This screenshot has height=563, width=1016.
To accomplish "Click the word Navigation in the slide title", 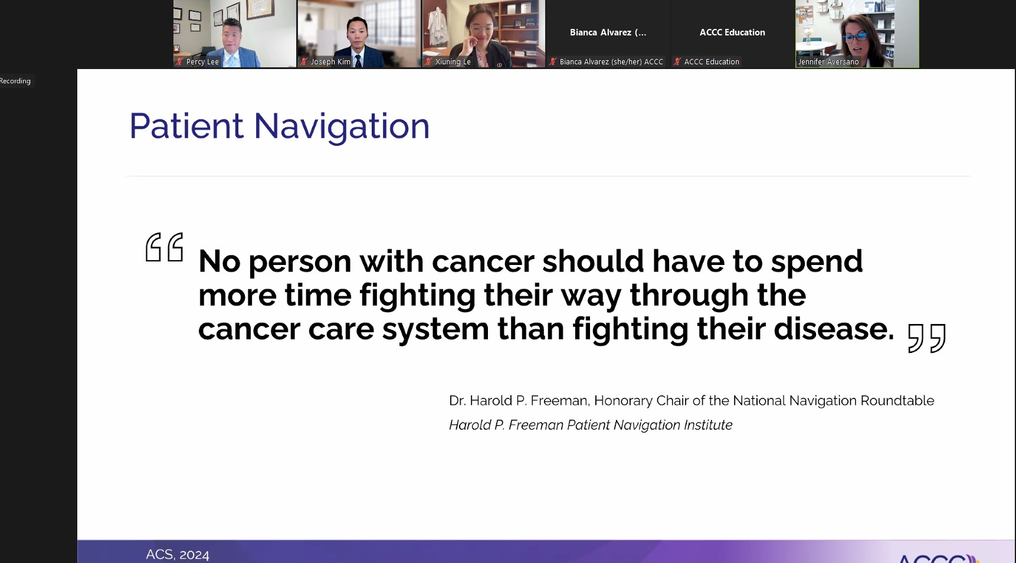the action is (x=342, y=126).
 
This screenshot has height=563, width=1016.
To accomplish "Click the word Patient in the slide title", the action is (x=186, y=126).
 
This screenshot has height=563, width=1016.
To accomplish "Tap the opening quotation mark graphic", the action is (x=165, y=247).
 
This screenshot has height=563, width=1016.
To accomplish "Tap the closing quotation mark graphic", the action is (x=927, y=338).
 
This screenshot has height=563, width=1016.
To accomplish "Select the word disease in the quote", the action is (x=834, y=329).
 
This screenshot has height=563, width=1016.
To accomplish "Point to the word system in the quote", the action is (x=435, y=330).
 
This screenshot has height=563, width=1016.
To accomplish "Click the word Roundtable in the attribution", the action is (x=897, y=401).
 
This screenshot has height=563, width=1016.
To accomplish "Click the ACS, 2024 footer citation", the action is (x=178, y=555).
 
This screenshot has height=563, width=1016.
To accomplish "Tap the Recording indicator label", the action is (x=15, y=81).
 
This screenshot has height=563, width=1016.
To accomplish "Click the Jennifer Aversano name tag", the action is (x=828, y=61).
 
